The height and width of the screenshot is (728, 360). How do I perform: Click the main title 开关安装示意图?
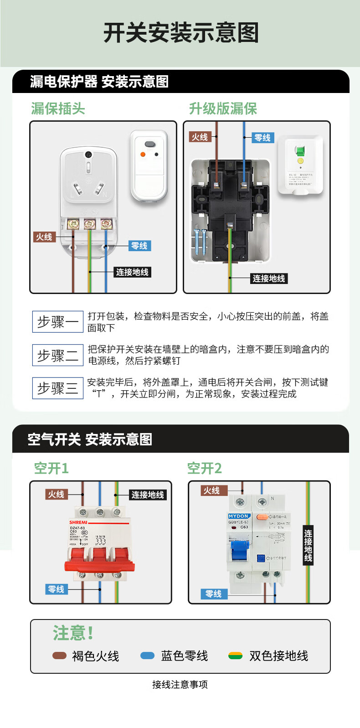click(x=181, y=33)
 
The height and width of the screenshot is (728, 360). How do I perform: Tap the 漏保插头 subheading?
click(x=58, y=108)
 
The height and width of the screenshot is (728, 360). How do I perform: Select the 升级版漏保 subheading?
click(x=223, y=108)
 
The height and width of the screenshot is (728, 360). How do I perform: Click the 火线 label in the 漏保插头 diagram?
click(x=45, y=237)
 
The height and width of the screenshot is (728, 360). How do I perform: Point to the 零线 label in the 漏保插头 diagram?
click(x=139, y=246)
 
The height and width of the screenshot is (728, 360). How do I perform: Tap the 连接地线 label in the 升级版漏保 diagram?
click(x=268, y=279)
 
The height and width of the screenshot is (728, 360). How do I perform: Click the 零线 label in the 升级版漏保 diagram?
click(x=262, y=138)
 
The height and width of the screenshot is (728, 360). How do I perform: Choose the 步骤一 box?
click(x=58, y=322)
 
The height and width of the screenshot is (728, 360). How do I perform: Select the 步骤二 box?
click(x=58, y=355)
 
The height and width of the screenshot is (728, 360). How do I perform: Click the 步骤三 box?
click(x=58, y=388)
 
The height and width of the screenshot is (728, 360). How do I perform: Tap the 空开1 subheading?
click(x=51, y=468)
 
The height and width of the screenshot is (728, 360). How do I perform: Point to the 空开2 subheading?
click(x=204, y=468)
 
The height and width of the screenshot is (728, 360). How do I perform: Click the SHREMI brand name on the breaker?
click(x=78, y=522)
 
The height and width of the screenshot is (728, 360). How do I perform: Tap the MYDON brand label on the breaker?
click(x=239, y=516)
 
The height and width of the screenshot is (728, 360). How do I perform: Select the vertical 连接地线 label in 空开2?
click(x=308, y=545)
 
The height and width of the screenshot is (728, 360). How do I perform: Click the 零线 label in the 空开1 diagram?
click(x=57, y=589)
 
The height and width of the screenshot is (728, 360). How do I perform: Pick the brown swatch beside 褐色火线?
click(x=59, y=656)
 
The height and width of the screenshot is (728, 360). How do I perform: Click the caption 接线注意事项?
click(x=180, y=684)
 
